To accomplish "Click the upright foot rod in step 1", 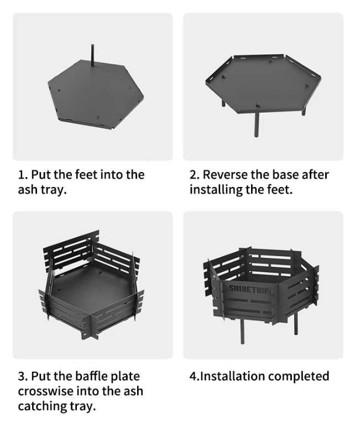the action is [92, 55].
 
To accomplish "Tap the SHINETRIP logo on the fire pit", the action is [249, 289].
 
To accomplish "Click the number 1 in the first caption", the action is [21, 175].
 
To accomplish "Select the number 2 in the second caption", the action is [193, 175].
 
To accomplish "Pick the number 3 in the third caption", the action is [22, 377].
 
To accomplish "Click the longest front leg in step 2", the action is [257, 124].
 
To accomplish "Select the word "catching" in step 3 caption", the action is [42, 407].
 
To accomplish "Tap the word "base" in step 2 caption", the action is [285, 175].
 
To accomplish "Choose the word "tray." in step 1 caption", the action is [54, 190].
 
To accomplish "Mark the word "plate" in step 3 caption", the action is [125, 377].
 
